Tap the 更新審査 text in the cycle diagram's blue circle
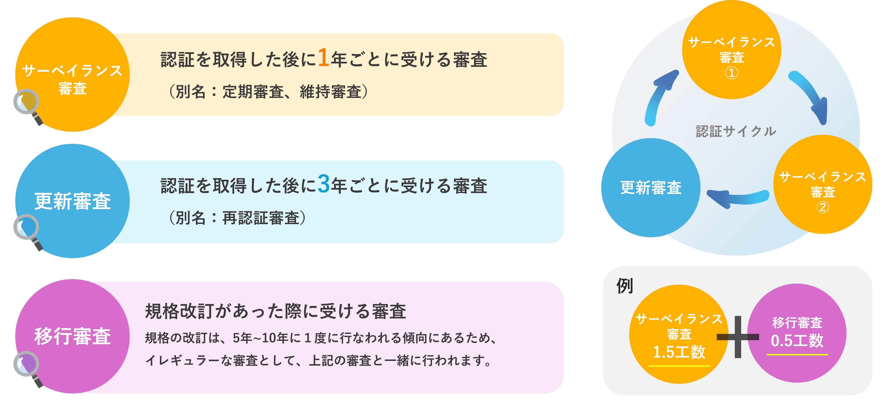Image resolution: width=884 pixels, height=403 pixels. point(651,188)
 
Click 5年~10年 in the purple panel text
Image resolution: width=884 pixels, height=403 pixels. point(260,338)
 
